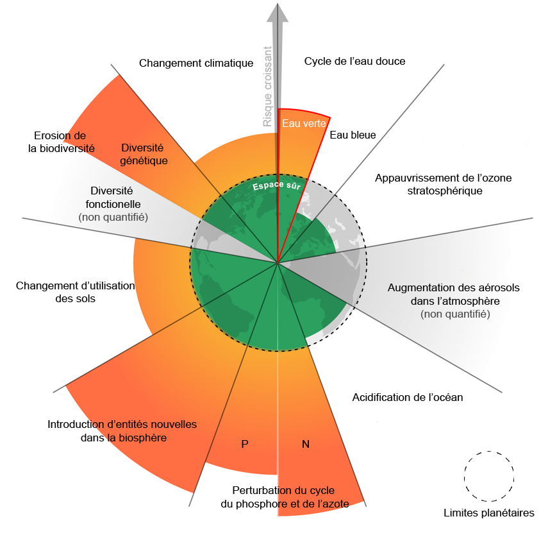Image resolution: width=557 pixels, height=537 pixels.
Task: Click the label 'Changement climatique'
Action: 196,64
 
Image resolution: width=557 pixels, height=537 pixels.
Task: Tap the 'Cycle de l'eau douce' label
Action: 354,61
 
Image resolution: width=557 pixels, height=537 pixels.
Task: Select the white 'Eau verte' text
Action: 304,123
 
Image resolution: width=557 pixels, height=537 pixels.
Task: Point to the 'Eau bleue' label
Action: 353,135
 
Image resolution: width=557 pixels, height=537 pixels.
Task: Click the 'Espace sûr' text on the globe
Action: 277,185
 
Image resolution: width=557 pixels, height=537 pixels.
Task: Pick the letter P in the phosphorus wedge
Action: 245,444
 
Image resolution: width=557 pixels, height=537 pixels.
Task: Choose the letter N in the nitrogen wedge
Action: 306,444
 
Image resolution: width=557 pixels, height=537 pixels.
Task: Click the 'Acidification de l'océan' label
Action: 408,397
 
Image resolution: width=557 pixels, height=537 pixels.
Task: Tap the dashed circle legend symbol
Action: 489,476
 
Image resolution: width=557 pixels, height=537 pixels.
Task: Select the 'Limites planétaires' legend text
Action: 489,513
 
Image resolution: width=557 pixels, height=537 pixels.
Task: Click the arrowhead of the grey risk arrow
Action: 278,13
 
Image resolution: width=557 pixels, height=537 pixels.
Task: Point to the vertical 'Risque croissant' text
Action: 267,87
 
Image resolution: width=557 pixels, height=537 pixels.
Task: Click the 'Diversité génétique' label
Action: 144,154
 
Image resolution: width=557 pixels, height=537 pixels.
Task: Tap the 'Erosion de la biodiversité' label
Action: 61,142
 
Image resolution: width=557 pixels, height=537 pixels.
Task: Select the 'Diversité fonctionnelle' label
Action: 113,198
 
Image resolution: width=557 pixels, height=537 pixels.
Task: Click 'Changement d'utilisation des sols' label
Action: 75,292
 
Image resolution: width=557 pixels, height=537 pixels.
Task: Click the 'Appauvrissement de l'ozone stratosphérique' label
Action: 444,184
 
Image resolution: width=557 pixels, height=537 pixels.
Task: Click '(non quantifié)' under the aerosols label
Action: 455,314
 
